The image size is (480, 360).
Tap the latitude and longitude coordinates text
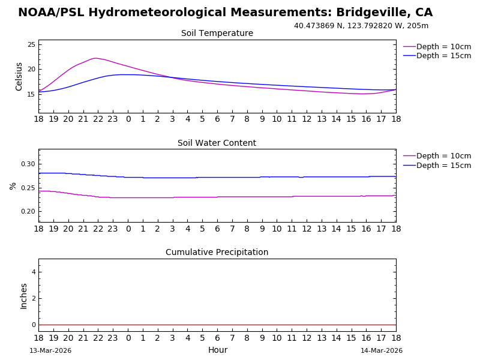pos(361,26)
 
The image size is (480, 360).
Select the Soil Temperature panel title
pos(217,34)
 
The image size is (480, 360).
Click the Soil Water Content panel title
pos(217,143)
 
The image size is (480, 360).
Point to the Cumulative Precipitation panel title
pos(217,253)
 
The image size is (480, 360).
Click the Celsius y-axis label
pos(19,76)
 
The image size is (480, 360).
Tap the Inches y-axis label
pos(24,296)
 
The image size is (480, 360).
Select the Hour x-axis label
pos(217,350)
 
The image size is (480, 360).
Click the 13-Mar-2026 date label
pos(50,351)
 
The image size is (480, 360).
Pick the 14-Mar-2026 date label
pos(382,351)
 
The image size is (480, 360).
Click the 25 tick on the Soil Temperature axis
pos(31,45)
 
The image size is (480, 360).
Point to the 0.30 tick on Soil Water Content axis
pos(28,164)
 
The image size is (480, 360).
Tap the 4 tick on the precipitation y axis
pos(34,272)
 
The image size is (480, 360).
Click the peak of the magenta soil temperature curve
pos(95,58)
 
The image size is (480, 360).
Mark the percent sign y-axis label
pos(13,186)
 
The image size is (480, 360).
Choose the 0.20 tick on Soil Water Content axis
pos(28,211)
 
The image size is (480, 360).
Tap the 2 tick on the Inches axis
pos(34,299)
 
